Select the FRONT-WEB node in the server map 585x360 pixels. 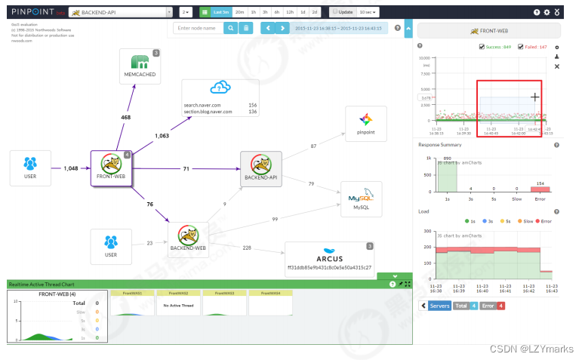click(x=112, y=168)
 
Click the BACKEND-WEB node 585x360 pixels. click(x=189, y=236)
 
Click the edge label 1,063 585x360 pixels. click(x=162, y=137)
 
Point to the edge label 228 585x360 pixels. click(x=246, y=248)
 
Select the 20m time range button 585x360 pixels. click(x=239, y=13)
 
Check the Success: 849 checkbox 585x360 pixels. click(x=482, y=47)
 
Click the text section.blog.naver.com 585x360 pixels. click(x=208, y=112)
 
